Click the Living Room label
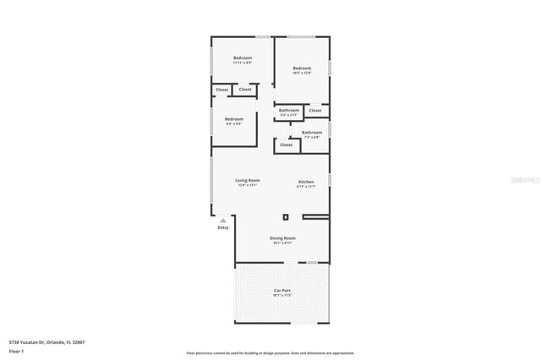pyautogui.click(x=247, y=180)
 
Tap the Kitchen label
pyautogui.click(x=306, y=182)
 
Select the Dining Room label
pyautogui.click(x=282, y=237)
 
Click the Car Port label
pyautogui.click(x=282, y=291)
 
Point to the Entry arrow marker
pyautogui.click(x=223, y=221)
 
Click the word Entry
pyautogui.click(x=223, y=227)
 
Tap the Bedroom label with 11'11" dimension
pyautogui.click(x=243, y=57)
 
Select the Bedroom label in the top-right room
pyautogui.click(x=302, y=68)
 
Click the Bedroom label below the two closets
pyautogui.click(x=234, y=119)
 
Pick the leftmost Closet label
pyautogui.click(x=221, y=89)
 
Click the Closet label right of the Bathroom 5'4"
pyautogui.click(x=315, y=110)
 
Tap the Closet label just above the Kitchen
pyautogui.click(x=287, y=145)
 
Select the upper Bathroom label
pyautogui.click(x=289, y=109)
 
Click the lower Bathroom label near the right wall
pyautogui.click(x=312, y=132)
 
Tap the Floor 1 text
pyautogui.click(x=16, y=350)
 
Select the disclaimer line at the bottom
pyautogui.click(x=270, y=352)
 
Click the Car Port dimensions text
pyautogui.click(x=282, y=296)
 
